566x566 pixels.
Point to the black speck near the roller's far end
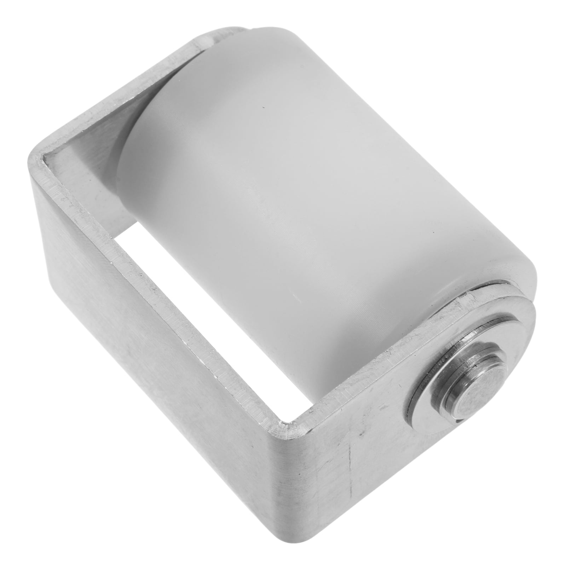(262, 108)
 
